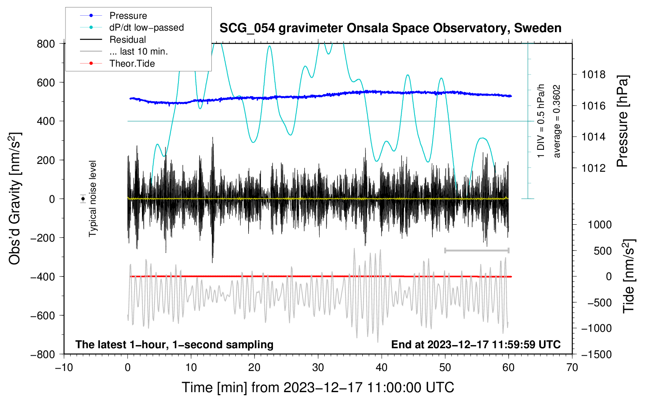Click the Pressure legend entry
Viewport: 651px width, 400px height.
point(128,16)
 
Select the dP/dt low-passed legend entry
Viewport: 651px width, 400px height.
point(146,27)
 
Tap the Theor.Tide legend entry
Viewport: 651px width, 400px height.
point(132,64)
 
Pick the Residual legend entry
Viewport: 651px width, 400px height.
point(127,40)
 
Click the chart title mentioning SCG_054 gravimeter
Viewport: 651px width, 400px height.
point(390,28)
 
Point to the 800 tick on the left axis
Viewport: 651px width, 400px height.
point(46,44)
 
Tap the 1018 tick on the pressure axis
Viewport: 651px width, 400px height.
point(593,75)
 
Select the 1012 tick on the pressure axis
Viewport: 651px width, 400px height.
point(593,168)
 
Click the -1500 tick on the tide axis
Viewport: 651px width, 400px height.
point(596,354)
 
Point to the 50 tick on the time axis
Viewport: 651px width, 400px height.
point(445,367)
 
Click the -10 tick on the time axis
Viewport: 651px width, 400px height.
point(64,367)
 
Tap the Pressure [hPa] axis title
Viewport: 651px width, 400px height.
point(622,121)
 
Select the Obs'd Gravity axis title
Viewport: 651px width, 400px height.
point(15,198)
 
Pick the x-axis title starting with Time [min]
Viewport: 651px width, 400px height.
point(318,387)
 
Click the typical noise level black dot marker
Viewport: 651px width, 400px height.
point(83,199)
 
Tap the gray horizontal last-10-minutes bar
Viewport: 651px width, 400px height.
point(476,250)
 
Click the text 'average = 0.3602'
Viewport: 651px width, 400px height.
point(557,121)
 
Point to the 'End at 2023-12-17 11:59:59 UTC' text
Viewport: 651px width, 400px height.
point(476,344)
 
